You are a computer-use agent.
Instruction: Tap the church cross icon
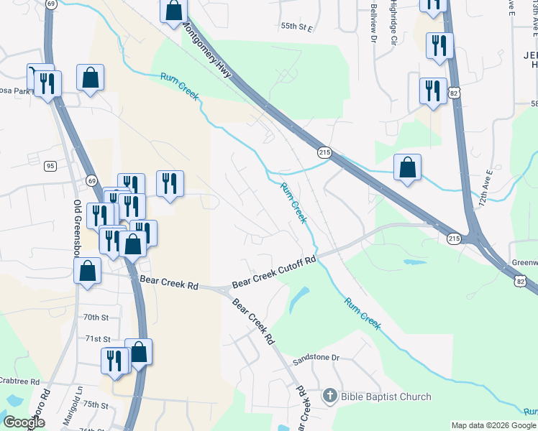329,396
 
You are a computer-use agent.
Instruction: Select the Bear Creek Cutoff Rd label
274,272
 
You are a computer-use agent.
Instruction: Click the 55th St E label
297,27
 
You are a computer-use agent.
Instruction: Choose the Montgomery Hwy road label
212,54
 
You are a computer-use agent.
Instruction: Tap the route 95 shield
50,166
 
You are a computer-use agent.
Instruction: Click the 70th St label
95,317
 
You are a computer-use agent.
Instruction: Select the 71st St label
96,338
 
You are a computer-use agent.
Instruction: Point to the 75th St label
95,405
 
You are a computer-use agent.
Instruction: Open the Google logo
24,422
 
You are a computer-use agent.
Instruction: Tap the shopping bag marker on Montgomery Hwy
173,11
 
